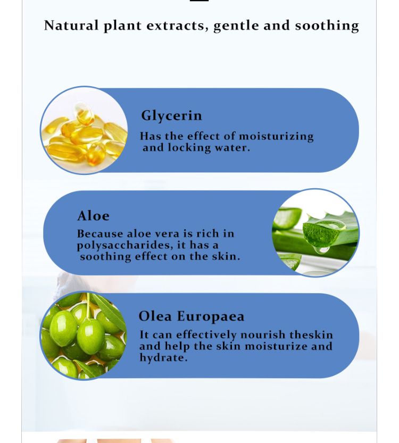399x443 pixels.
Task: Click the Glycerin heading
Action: tap(171, 116)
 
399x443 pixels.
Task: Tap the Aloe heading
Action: tap(93, 216)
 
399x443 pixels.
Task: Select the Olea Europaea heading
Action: tap(192, 316)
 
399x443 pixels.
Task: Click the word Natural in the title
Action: tap(71, 26)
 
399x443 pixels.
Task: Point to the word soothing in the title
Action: tap(327, 26)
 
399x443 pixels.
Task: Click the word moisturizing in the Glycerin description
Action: tap(276, 137)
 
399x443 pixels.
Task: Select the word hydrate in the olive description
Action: tap(163, 358)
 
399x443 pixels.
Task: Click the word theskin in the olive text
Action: tap(311, 335)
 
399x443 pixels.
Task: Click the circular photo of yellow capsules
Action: tap(84, 130)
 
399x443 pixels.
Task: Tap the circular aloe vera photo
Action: tap(315, 233)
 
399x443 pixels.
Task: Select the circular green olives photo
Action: tap(84, 336)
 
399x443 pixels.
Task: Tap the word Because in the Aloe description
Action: tap(100, 234)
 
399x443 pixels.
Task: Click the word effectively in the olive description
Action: tap(206, 336)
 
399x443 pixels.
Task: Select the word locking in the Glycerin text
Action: tap(189, 148)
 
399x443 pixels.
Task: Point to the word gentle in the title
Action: tap(236, 26)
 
